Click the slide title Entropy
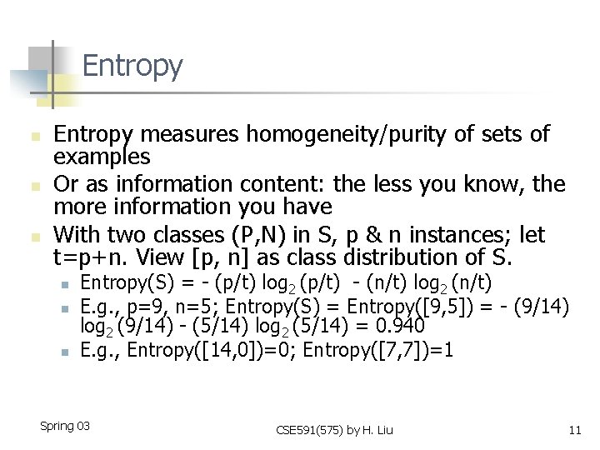click(x=132, y=66)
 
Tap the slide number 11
click(x=573, y=430)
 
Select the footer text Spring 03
click(x=65, y=426)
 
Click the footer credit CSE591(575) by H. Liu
click(x=334, y=430)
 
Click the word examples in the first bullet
click(x=102, y=157)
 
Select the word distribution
click(x=398, y=257)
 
